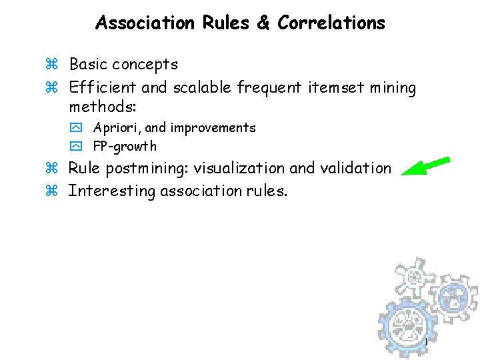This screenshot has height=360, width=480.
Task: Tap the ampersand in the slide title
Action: pos(263,23)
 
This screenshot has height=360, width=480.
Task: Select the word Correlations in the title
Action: pos(331,23)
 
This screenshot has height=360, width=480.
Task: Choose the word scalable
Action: pos(201,87)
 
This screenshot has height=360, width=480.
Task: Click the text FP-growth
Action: pos(125,146)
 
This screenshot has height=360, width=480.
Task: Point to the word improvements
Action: pos(213,127)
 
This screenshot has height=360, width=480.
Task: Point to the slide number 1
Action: pos(425,343)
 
